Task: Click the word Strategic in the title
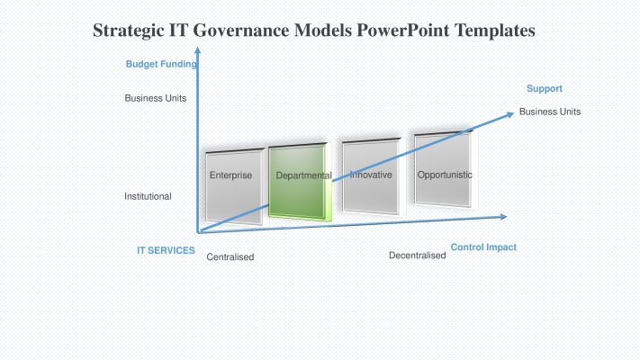(130, 31)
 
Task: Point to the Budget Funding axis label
(161, 64)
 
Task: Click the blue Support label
(544, 88)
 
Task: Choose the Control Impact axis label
(483, 247)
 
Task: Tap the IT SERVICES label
(166, 250)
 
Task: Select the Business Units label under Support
(549, 112)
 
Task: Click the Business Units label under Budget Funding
(155, 98)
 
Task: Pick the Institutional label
(148, 196)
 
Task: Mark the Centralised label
(230, 257)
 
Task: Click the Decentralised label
(417, 256)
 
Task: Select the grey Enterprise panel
(231, 184)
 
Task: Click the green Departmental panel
(302, 184)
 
